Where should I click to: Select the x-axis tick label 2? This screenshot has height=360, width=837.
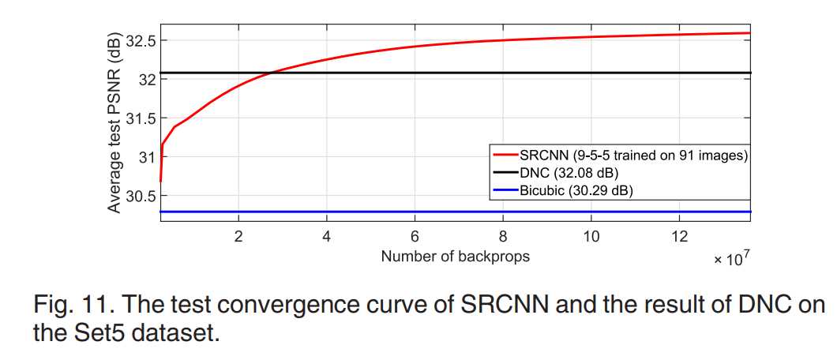(x=238, y=236)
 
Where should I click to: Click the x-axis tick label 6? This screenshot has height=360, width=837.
(x=415, y=236)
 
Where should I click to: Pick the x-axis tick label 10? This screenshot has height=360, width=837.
(x=591, y=236)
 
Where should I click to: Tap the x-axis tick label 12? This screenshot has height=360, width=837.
(x=678, y=236)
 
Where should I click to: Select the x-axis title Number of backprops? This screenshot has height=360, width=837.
(x=455, y=256)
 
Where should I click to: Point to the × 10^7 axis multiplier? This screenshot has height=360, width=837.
(x=730, y=258)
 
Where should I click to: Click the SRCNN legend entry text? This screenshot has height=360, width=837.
(x=632, y=156)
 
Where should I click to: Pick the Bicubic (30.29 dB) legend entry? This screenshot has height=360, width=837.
(x=576, y=190)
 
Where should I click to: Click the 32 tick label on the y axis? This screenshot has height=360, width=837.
(x=147, y=79)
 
